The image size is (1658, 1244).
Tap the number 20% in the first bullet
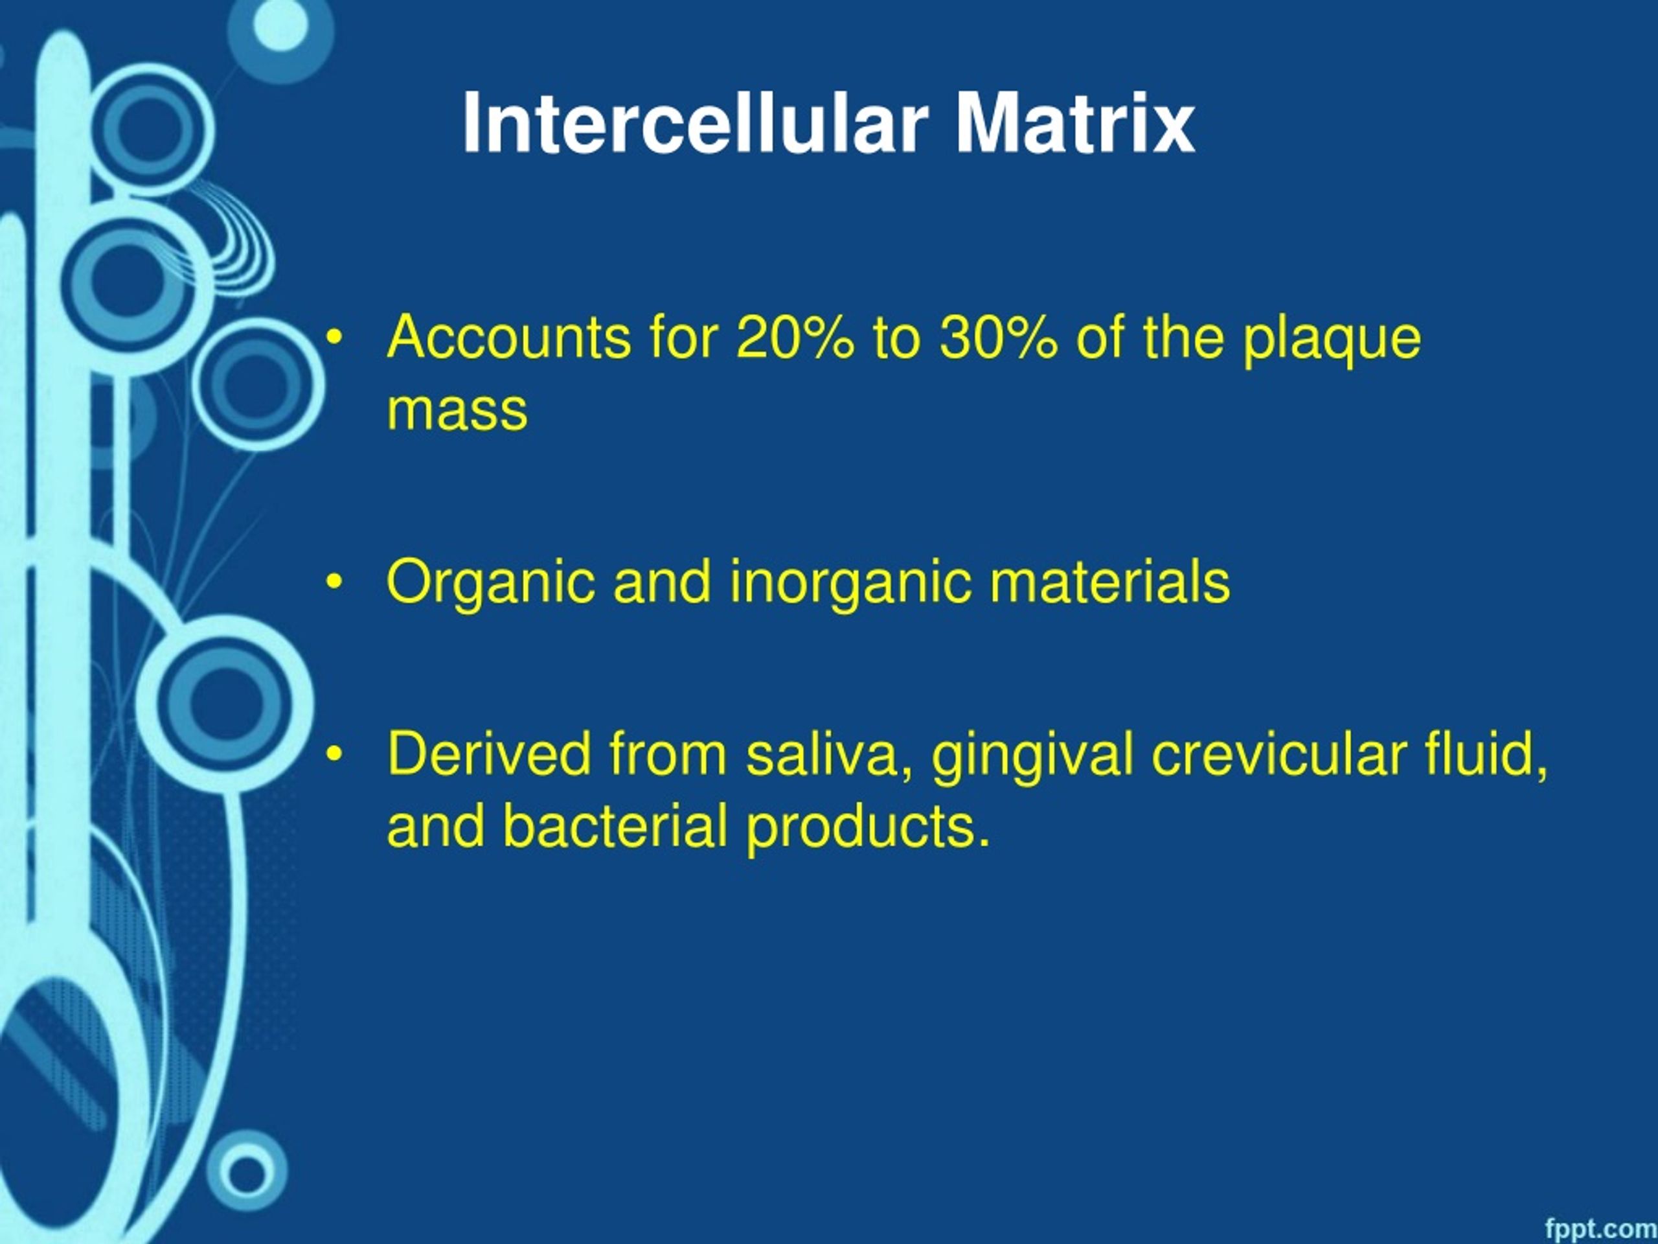tap(795, 338)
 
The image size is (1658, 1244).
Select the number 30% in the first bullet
tap(999, 338)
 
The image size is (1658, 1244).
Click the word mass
tap(457, 411)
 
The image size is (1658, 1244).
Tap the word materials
tap(1110, 581)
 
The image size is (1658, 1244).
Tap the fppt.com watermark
tap(1600, 1228)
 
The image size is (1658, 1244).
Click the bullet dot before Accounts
tap(334, 338)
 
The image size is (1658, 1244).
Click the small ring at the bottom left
tap(247, 1172)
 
